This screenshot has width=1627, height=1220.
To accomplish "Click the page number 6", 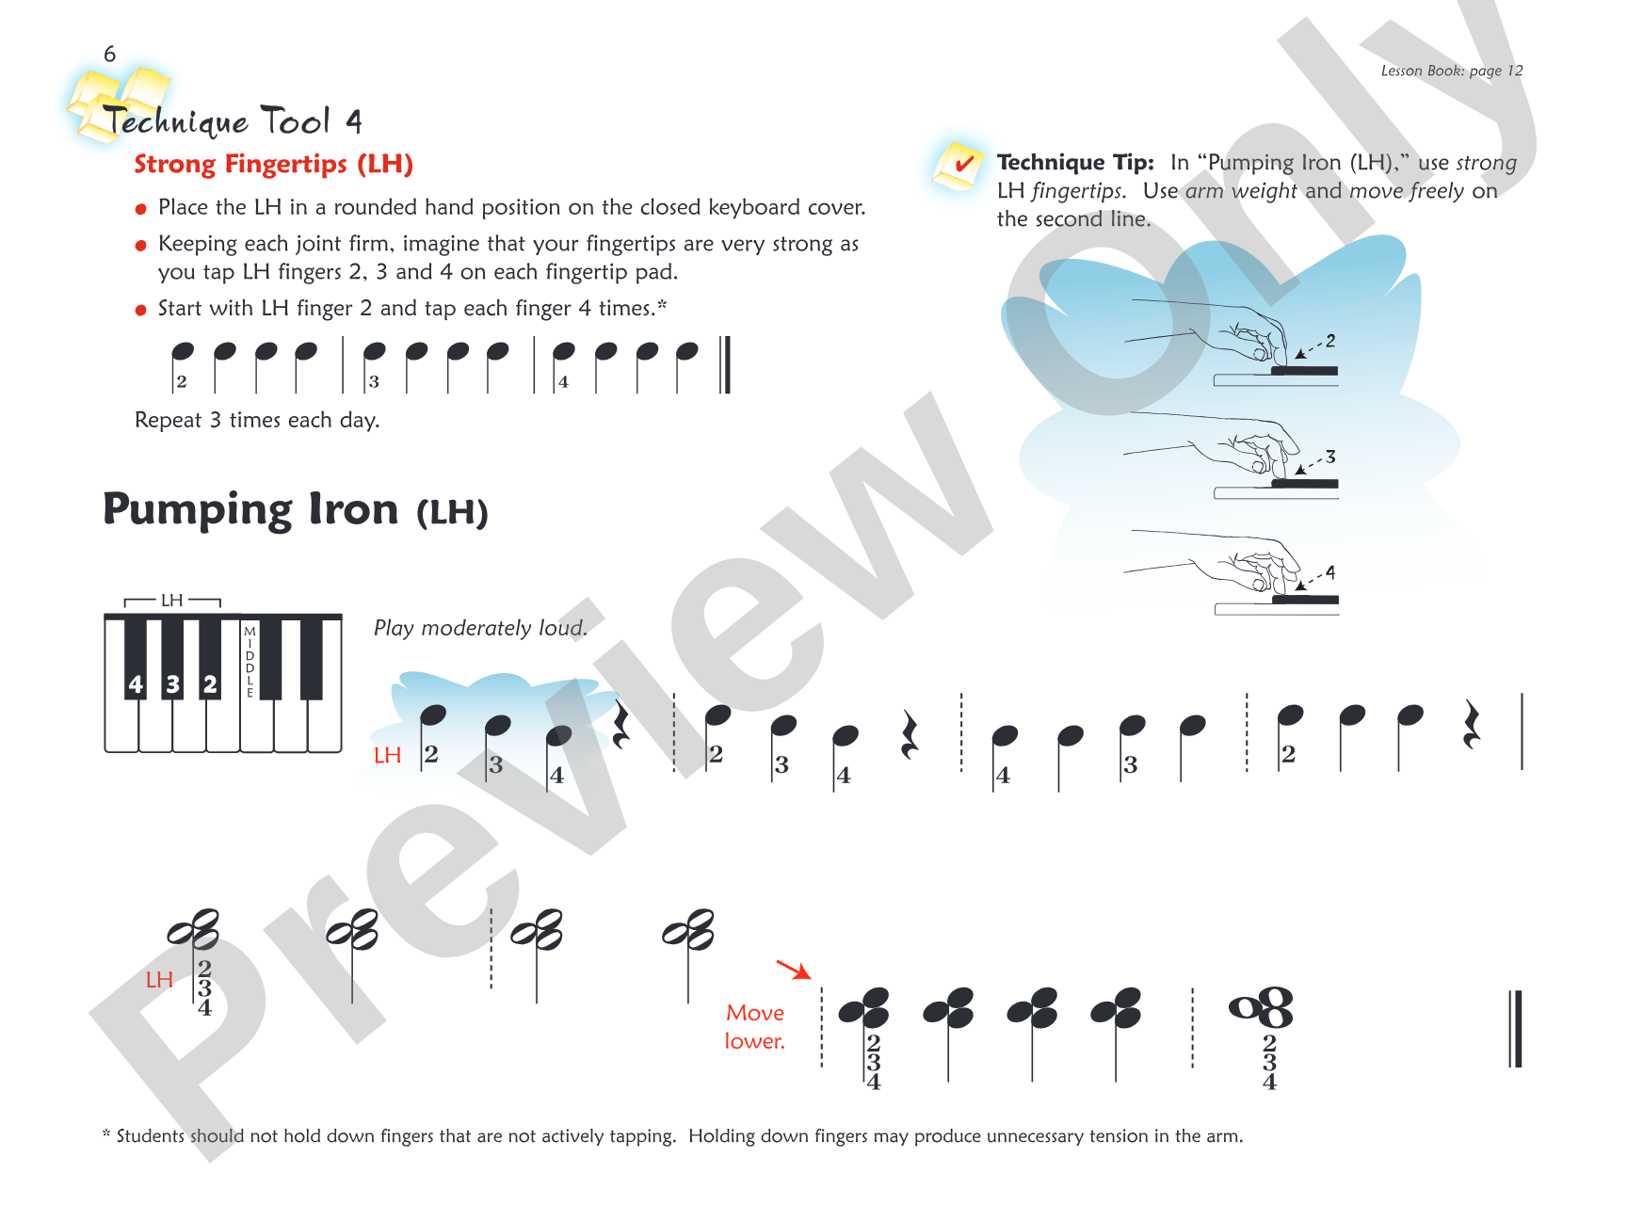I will tap(110, 55).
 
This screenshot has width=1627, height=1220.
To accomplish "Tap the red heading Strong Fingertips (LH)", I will tap(273, 165).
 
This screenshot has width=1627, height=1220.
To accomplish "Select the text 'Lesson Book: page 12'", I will tap(1451, 71).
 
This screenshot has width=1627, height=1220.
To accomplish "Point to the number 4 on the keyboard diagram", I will tap(136, 684).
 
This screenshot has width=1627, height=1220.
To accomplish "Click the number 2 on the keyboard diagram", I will tap(210, 684).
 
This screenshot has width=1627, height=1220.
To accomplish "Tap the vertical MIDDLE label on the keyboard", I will tap(250, 662).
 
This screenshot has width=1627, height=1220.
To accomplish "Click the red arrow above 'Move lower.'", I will tap(794, 970).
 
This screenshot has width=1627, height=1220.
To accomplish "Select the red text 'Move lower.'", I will tap(755, 1027).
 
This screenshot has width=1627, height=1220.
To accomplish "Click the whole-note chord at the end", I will tap(1262, 1008).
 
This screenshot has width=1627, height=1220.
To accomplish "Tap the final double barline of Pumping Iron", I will tap(1515, 1028).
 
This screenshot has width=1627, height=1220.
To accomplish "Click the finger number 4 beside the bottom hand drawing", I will tap(1330, 572).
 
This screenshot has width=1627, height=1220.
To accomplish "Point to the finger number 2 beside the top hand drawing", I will tap(1330, 341).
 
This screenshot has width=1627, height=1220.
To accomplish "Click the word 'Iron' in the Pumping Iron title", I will tap(353, 509).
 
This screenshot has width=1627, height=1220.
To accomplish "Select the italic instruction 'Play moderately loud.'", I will tap(480, 628).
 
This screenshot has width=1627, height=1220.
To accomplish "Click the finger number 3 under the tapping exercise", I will tap(374, 382).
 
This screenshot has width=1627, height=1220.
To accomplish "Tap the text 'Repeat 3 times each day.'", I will tap(257, 420).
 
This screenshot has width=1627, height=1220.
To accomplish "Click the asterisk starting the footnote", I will tap(106, 1135).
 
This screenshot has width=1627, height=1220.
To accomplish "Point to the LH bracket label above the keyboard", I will tap(171, 601).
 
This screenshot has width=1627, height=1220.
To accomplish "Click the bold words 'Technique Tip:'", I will tap(1075, 163).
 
